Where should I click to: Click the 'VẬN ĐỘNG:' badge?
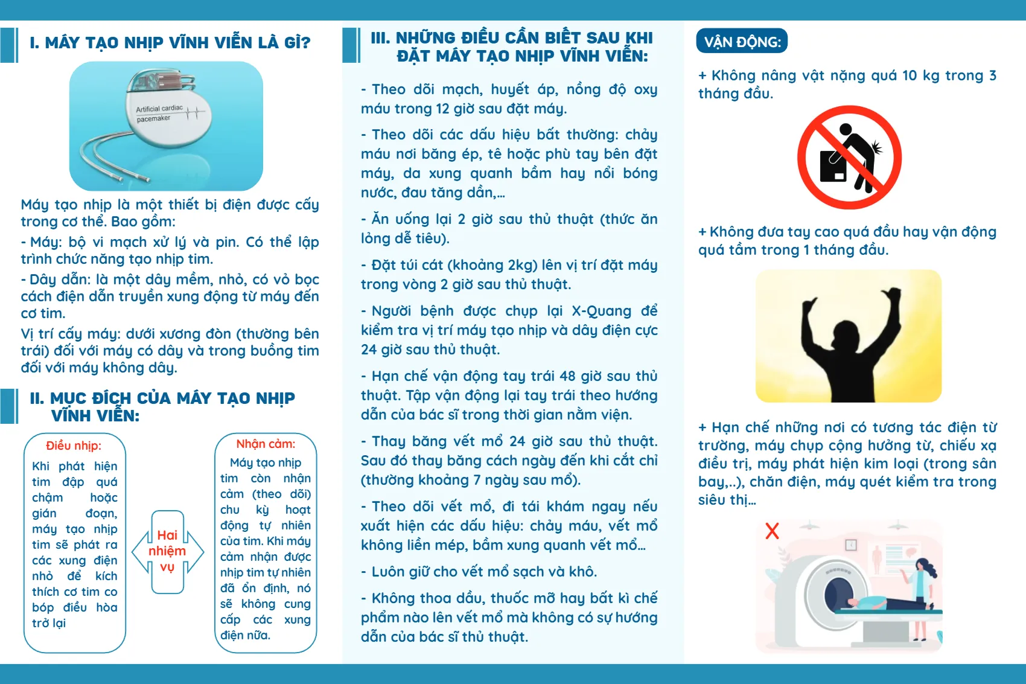click(x=742, y=41)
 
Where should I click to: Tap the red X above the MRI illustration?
click(x=772, y=531)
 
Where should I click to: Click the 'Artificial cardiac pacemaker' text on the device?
click(x=158, y=113)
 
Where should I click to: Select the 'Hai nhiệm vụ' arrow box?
click(x=167, y=551)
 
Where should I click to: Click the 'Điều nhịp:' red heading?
click(x=74, y=446)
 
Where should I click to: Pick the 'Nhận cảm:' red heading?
click(x=266, y=444)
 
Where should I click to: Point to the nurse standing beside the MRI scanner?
click(x=922, y=595)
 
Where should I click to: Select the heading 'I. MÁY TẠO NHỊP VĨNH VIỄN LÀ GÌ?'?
click(x=170, y=43)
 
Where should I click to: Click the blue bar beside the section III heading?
click(x=351, y=45)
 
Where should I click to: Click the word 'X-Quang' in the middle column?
click(x=601, y=311)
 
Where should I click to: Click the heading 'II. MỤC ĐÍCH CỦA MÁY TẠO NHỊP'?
click(x=162, y=398)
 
